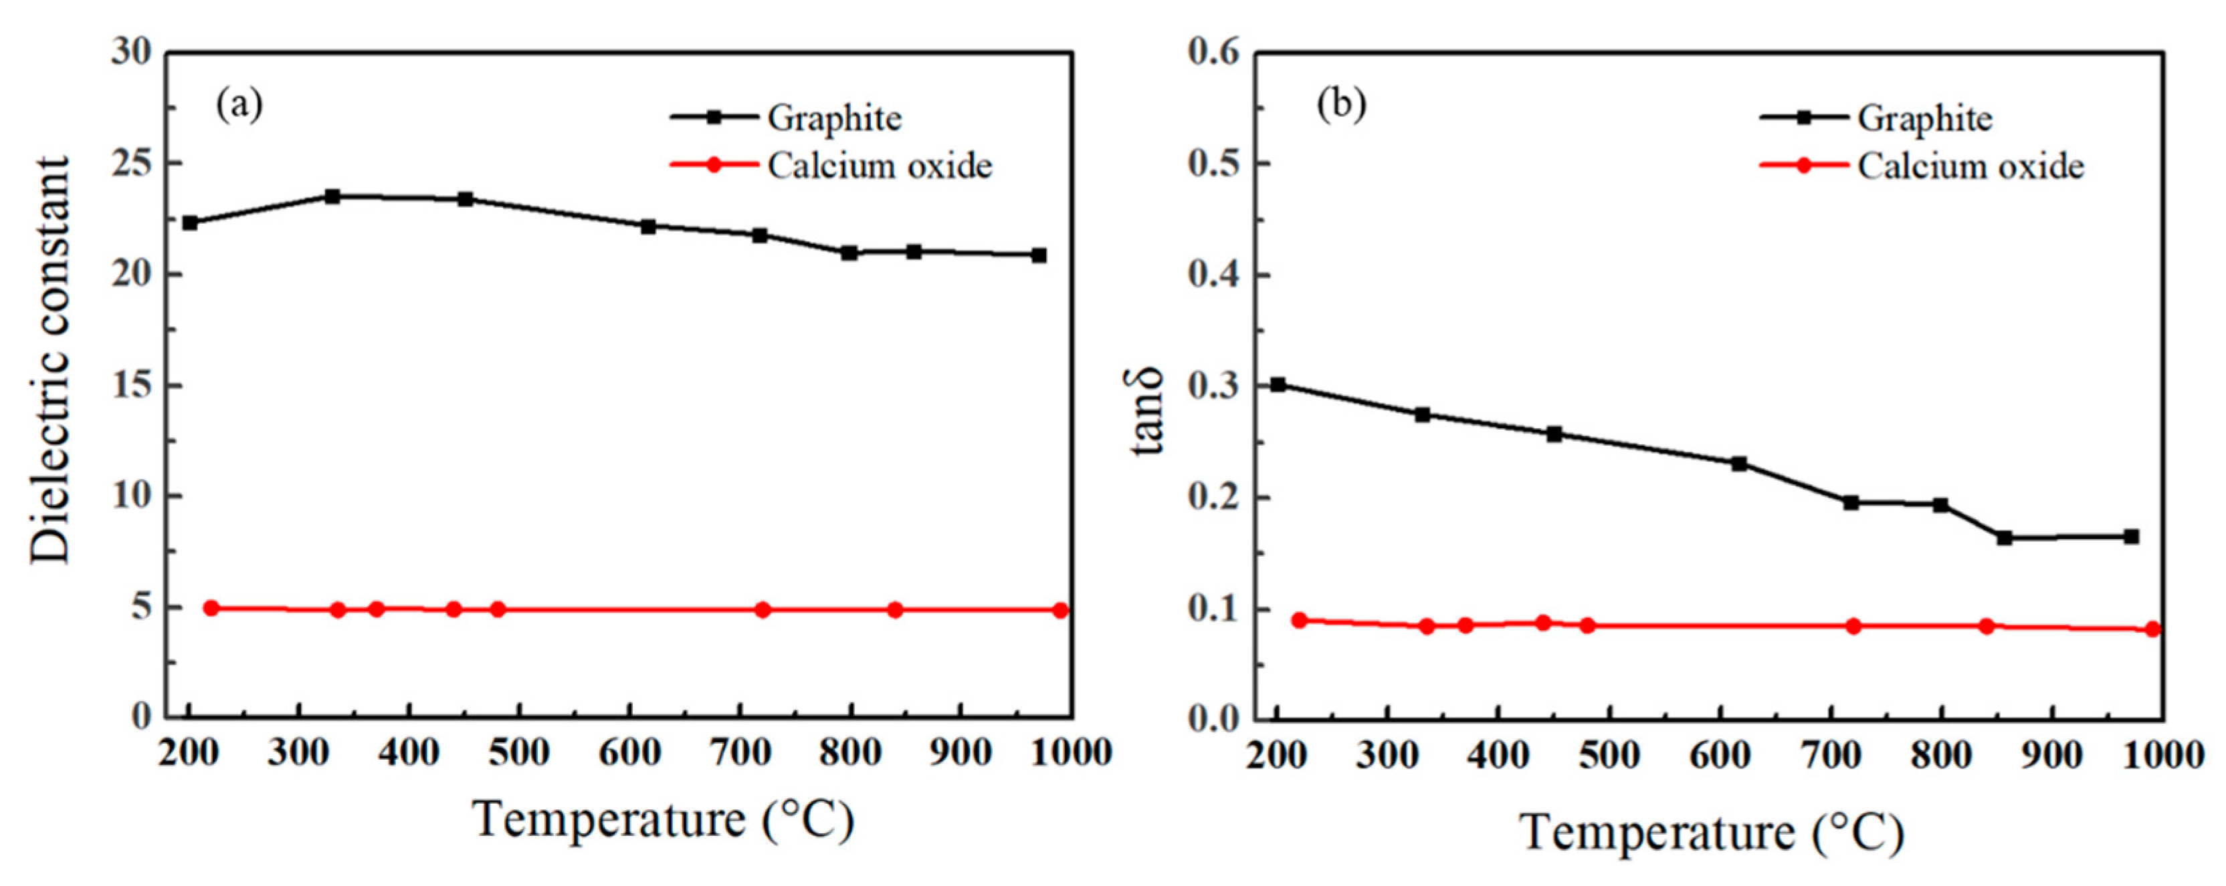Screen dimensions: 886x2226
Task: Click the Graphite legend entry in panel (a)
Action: click(x=834, y=118)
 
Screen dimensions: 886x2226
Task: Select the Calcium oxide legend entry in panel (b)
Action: click(x=1970, y=166)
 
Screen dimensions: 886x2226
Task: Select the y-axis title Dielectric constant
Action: click(x=49, y=360)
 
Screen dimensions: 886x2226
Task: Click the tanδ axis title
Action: click(x=1148, y=410)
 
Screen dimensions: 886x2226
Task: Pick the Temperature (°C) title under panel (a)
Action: click(x=663, y=819)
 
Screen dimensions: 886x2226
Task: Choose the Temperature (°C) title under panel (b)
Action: click(x=1712, y=833)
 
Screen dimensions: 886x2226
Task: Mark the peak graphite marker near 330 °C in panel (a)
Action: click(x=332, y=196)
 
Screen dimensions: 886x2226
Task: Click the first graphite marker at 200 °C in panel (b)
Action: click(x=1278, y=384)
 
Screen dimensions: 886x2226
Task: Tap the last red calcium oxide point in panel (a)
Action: click(x=1060, y=611)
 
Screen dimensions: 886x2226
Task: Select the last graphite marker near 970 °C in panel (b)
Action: click(x=2131, y=537)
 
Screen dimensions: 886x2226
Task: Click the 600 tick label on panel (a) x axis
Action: click(x=630, y=754)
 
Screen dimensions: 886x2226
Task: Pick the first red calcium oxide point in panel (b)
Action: click(x=1299, y=620)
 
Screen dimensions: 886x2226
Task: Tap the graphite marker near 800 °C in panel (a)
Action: click(x=849, y=253)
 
